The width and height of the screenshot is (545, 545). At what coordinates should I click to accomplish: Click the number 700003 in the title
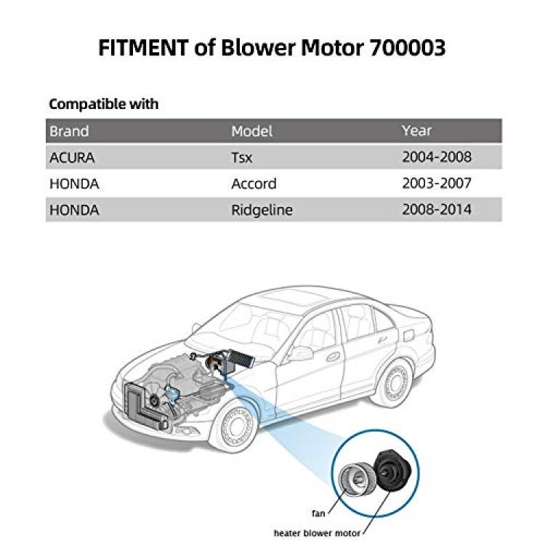coord(408,47)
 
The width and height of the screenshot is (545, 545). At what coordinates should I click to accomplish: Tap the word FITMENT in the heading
coord(144,47)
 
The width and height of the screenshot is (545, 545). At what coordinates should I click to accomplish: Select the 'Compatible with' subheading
coord(104,104)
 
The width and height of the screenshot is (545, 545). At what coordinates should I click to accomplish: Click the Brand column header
coord(69,131)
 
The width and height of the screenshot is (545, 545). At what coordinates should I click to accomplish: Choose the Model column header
coord(251,131)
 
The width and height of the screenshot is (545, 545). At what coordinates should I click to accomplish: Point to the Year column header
coord(416,130)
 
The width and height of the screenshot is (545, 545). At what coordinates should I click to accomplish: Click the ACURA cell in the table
coord(72,158)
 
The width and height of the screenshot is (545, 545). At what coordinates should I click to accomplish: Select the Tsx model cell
coord(241,158)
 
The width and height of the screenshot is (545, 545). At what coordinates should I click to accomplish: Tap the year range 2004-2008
coord(437,157)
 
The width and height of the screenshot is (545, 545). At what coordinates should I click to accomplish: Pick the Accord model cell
coord(254,184)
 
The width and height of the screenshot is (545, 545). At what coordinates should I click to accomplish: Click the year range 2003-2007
coord(437,183)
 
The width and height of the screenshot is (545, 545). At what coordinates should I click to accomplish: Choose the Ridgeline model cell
coord(262,210)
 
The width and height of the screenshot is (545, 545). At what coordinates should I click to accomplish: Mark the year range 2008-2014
coord(437,209)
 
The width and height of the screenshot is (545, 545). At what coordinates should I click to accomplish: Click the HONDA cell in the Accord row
coord(74,184)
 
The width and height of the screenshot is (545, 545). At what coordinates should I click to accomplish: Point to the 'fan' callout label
coord(318,513)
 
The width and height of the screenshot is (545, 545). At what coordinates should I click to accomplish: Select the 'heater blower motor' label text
coord(317,533)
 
